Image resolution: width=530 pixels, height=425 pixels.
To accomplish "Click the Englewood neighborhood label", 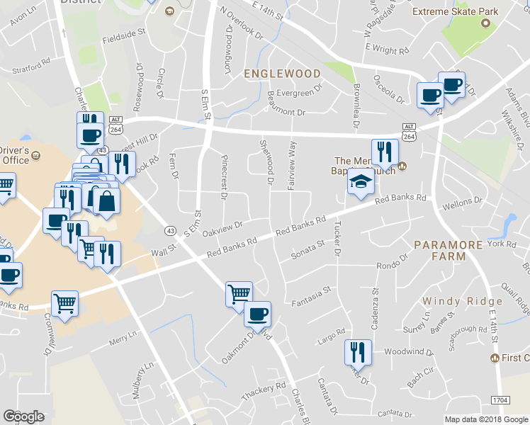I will [282, 73].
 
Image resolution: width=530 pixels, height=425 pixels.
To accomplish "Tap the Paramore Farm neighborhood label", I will [449, 250].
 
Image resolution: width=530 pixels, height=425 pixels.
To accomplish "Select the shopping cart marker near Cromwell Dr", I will [64, 304].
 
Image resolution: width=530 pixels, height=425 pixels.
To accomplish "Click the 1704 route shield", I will [500, 400].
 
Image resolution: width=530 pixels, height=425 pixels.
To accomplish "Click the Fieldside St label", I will [123, 32].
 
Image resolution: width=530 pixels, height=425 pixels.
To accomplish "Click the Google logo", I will [23, 416].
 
